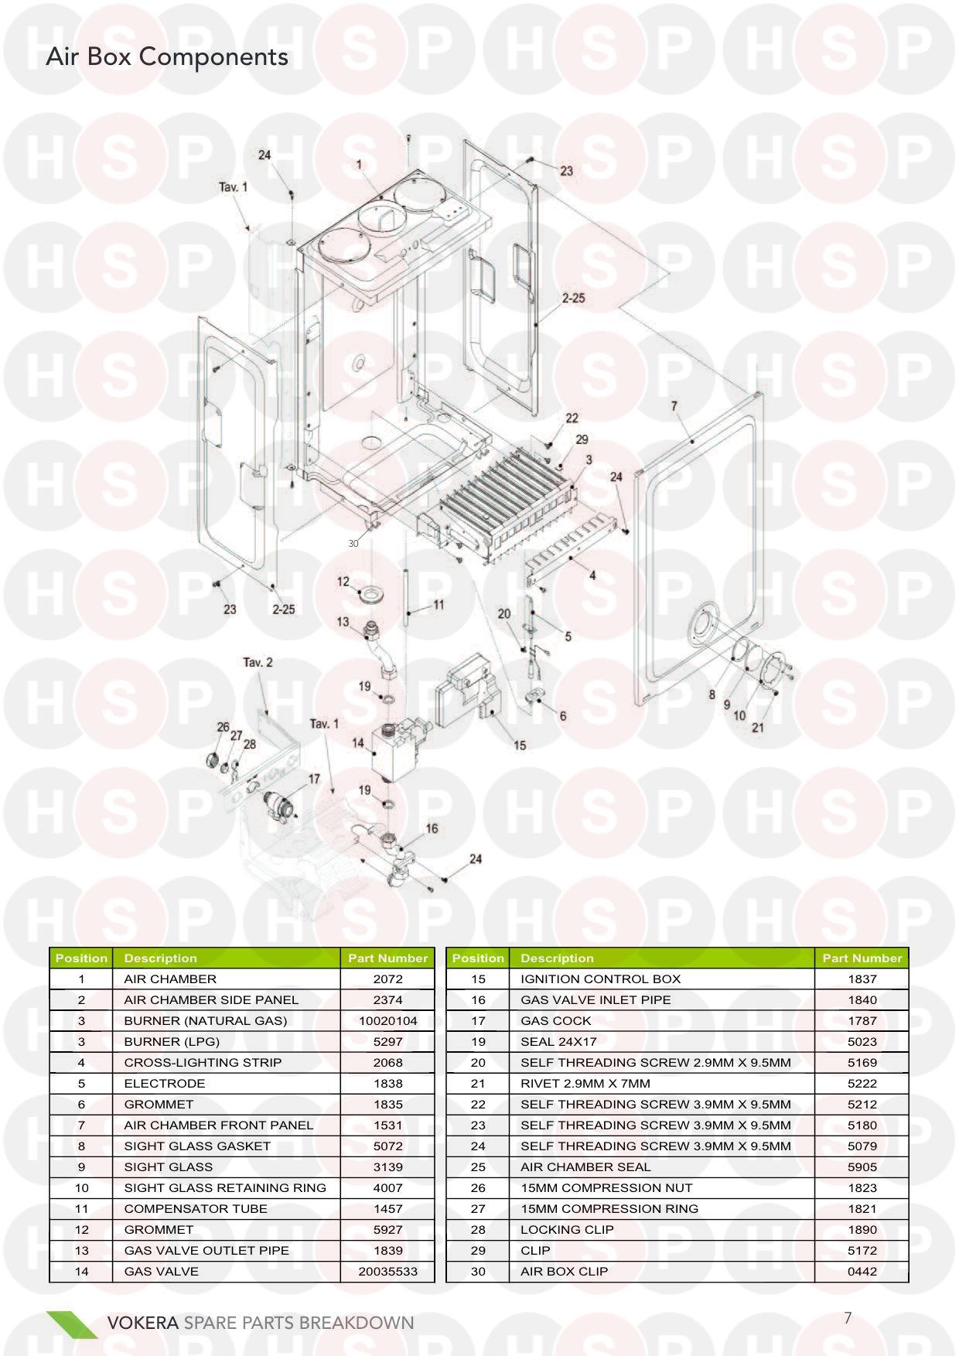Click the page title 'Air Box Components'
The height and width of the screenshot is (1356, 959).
click(167, 57)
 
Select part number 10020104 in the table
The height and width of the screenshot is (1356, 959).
click(387, 1020)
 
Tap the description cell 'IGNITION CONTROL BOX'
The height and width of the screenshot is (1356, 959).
click(600, 979)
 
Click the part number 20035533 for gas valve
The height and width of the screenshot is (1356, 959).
click(387, 1271)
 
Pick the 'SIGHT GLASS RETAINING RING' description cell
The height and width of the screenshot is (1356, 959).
click(225, 1187)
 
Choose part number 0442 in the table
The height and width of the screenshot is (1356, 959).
click(862, 1271)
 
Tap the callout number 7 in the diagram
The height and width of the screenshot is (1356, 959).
click(674, 406)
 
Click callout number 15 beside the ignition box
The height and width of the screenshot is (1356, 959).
click(520, 745)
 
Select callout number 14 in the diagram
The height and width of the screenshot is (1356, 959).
click(358, 743)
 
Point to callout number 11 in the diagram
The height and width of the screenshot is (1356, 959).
click(439, 604)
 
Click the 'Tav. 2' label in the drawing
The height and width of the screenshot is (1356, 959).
click(258, 662)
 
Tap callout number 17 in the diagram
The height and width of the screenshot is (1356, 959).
click(314, 779)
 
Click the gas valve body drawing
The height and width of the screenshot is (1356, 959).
click(399, 748)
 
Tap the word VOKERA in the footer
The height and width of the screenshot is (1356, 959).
click(143, 1322)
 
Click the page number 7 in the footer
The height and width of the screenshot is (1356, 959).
click(848, 1318)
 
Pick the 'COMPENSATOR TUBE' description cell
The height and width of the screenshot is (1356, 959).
click(196, 1208)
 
